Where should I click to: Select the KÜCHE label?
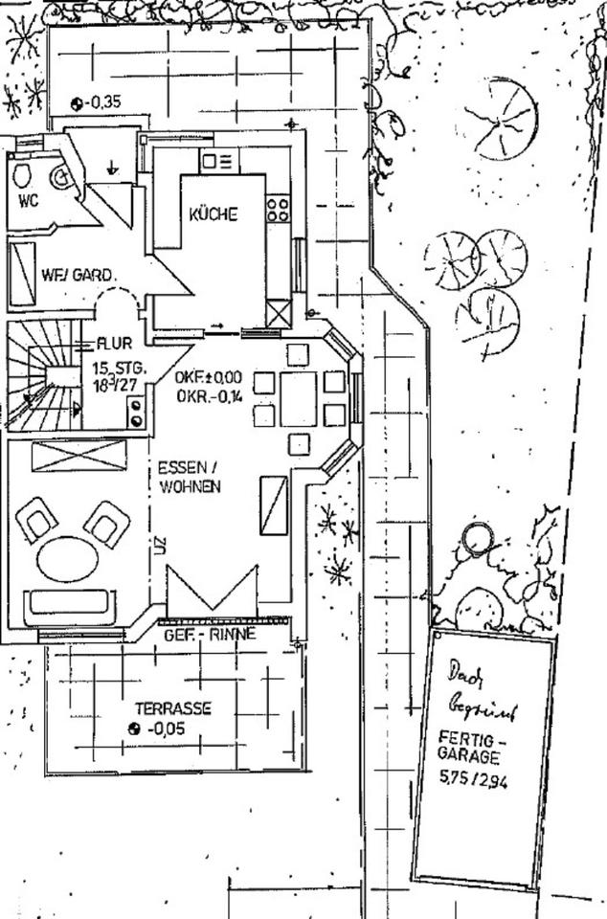213,214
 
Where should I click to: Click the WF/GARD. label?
79,273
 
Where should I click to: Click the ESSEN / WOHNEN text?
190,477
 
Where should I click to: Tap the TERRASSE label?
172,709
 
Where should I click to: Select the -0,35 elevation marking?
101,102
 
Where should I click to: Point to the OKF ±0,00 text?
208,377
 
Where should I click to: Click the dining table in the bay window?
298,398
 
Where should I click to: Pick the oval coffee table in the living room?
67,558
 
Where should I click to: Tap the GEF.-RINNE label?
209,635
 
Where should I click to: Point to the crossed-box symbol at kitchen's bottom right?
278,313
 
